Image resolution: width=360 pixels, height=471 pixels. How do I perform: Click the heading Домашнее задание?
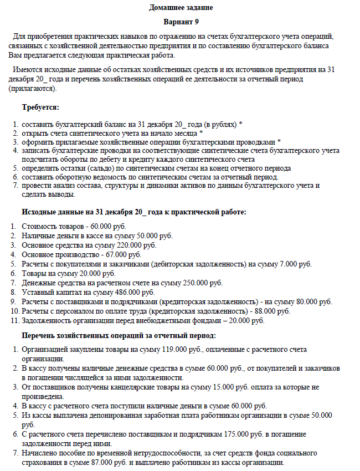(x=181, y=8)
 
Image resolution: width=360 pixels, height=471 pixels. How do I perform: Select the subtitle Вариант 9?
(x=181, y=22)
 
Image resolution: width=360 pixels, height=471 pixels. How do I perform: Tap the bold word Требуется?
(x=40, y=107)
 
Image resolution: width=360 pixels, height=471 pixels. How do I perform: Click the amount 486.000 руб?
(x=135, y=292)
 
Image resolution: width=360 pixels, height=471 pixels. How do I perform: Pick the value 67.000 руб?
(x=122, y=254)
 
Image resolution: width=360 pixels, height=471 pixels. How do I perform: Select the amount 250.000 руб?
(x=203, y=283)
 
